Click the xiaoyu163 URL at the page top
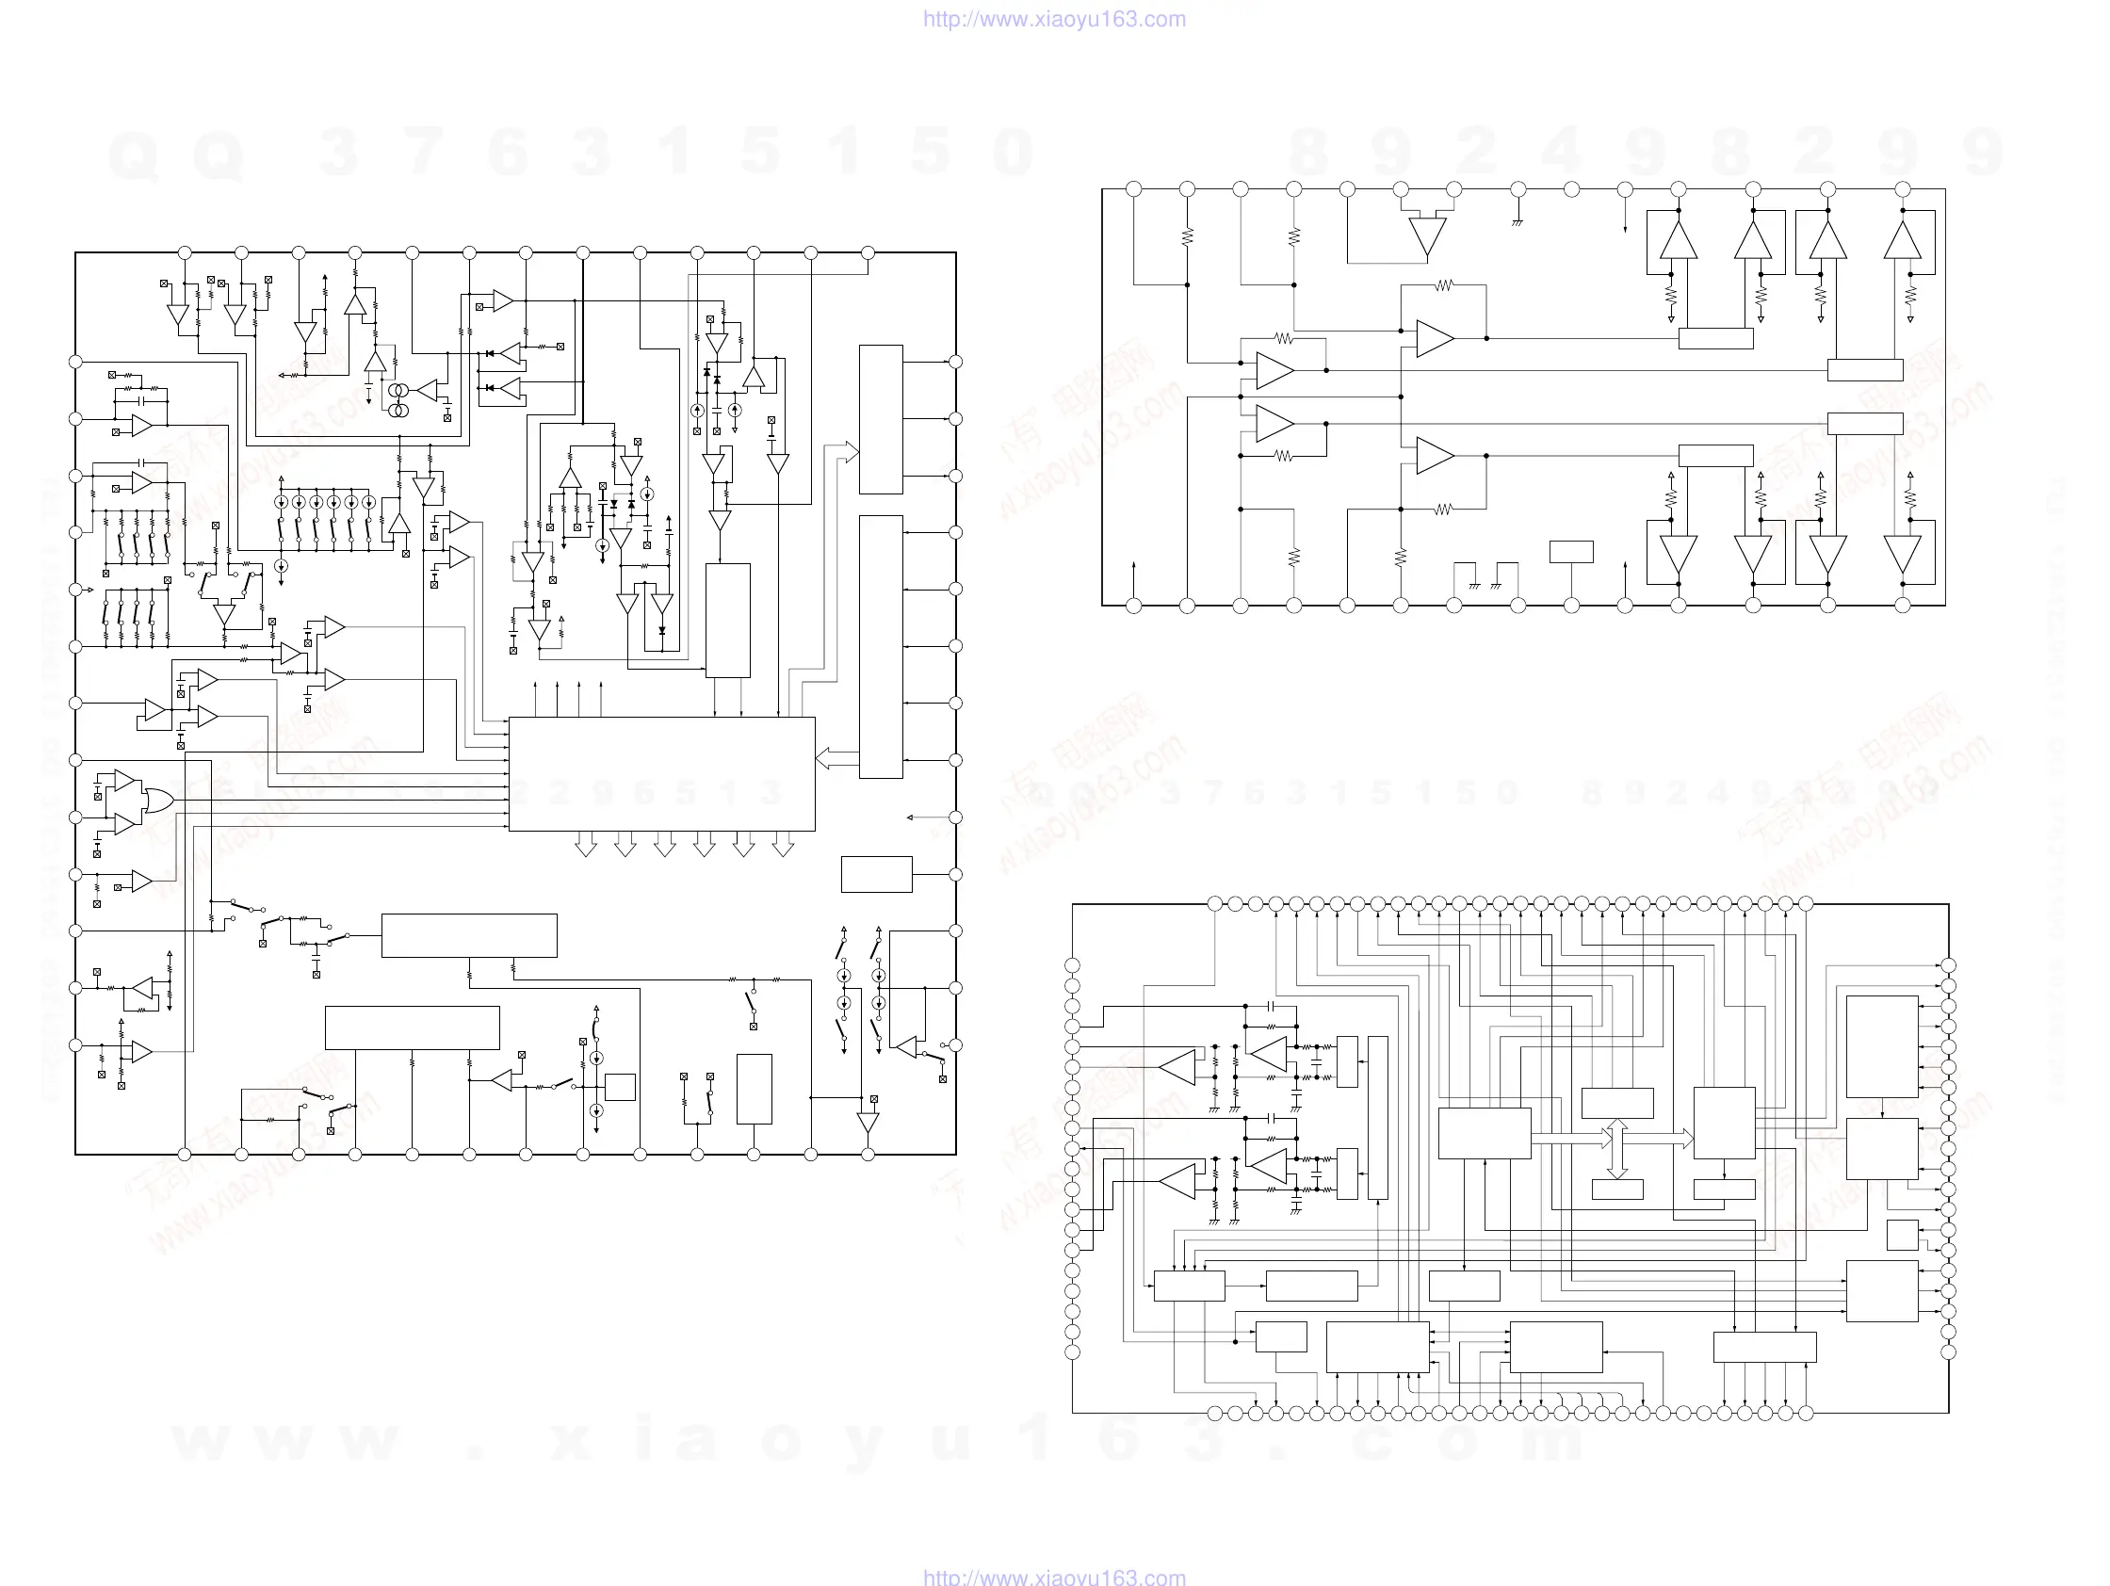point(1054,19)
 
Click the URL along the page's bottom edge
point(1054,1577)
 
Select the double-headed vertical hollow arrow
point(1616,1148)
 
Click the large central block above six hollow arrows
point(661,773)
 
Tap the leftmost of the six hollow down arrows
point(586,845)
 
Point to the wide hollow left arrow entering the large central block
point(837,759)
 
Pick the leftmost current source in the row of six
point(282,502)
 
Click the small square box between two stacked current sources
point(620,1086)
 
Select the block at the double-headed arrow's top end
point(1616,1103)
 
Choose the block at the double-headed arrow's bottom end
point(1616,1189)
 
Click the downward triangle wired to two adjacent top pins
point(1427,236)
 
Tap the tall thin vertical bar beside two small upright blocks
point(1377,1117)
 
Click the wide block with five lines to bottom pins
point(1763,1347)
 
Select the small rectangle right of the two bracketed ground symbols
point(1571,551)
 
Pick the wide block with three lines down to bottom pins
point(412,1028)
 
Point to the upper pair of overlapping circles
point(398,392)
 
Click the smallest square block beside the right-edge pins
point(1902,1234)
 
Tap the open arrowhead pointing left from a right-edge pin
point(910,817)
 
